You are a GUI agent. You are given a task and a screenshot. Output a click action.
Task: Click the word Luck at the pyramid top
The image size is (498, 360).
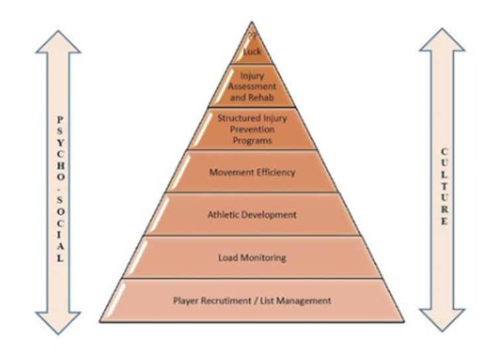point(252,50)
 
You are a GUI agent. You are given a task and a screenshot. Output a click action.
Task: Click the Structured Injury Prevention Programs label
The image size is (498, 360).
point(252,130)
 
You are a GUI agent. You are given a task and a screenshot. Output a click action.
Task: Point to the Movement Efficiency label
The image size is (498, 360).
point(252,173)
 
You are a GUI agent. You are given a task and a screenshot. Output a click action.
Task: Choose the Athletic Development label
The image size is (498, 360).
point(252,215)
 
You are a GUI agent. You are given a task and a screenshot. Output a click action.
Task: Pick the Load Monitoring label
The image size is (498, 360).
point(252,257)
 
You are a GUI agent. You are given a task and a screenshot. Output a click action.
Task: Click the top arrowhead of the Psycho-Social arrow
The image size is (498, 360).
point(58,41)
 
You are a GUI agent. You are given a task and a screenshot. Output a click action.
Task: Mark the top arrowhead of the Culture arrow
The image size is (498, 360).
point(442,41)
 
